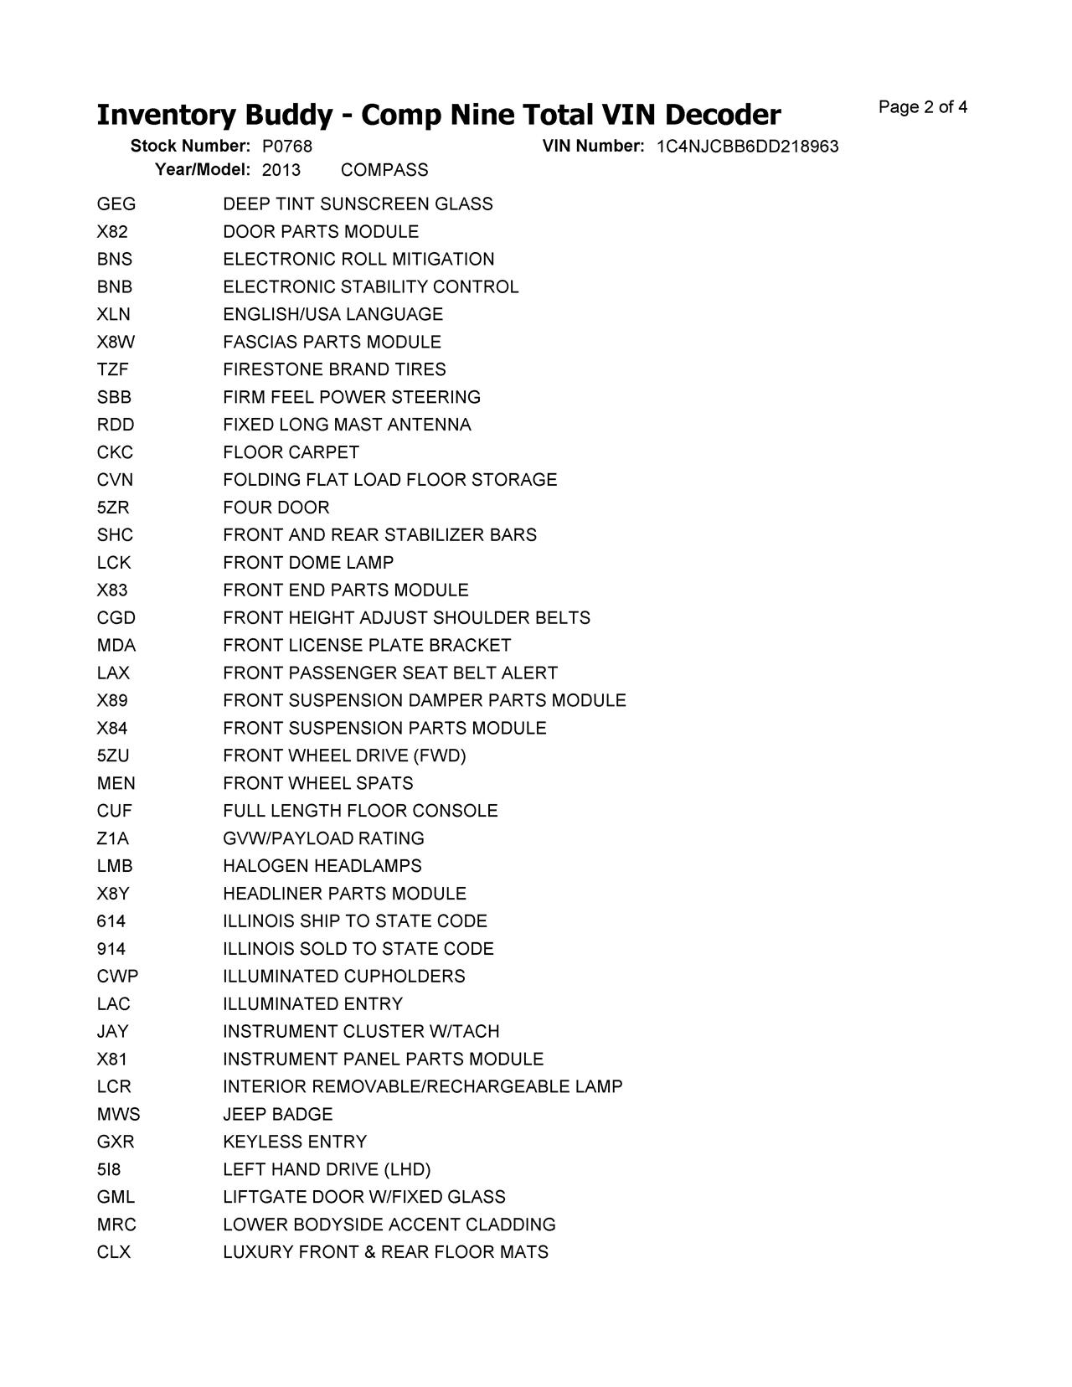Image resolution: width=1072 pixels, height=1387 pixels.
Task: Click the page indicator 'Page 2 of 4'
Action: pyautogui.click(x=923, y=107)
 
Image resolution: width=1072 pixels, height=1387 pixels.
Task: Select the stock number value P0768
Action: pyautogui.click(x=286, y=147)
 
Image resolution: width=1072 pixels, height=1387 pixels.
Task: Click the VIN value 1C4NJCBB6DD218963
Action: pyautogui.click(x=747, y=147)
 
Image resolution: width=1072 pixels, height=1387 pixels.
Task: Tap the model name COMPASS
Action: pyautogui.click(x=384, y=170)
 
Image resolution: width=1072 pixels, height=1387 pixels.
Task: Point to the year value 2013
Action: pyautogui.click(x=281, y=170)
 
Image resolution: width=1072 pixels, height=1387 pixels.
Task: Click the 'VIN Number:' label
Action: pyautogui.click(x=593, y=147)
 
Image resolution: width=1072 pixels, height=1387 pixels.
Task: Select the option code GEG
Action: pyautogui.click(x=116, y=204)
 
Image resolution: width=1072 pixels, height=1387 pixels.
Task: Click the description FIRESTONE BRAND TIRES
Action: pyautogui.click(x=334, y=369)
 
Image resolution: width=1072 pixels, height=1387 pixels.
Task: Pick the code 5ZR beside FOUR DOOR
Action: pyautogui.click(x=113, y=508)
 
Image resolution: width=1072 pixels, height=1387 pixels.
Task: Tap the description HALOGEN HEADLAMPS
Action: pyautogui.click(x=322, y=866)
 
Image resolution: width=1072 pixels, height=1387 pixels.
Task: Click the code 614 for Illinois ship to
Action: pyautogui.click(x=111, y=921)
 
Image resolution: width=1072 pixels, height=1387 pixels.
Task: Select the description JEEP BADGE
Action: pyautogui.click(x=278, y=1114)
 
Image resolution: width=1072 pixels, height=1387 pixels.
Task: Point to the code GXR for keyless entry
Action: pyautogui.click(x=116, y=1142)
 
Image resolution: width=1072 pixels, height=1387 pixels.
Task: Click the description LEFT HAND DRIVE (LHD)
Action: pyautogui.click(x=327, y=1169)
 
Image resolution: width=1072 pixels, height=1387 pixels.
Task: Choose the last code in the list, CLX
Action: pyautogui.click(x=114, y=1252)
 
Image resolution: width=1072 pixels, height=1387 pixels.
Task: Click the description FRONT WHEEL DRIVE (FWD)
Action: pyautogui.click(x=344, y=755)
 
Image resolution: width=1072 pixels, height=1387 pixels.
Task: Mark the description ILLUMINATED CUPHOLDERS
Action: pyautogui.click(x=344, y=977)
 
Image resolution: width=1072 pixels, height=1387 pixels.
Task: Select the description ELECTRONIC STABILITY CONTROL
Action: pyautogui.click(x=371, y=287)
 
